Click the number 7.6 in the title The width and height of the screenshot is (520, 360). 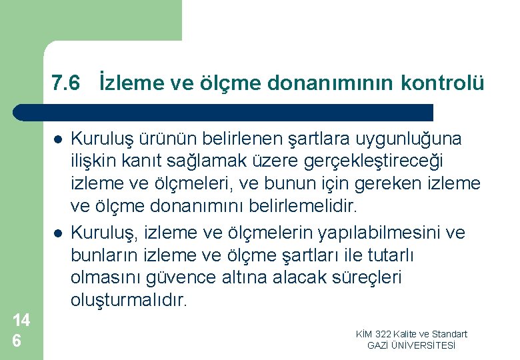(x=66, y=83)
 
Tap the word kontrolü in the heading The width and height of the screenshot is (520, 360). (x=443, y=83)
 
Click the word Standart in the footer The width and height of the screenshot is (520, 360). (x=449, y=334)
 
